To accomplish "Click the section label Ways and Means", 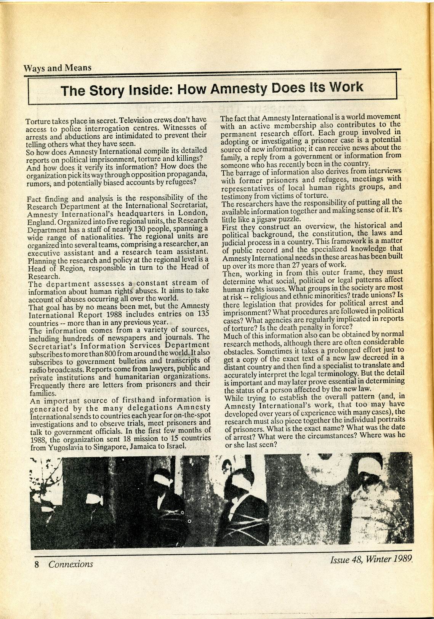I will click(x=57, y=68).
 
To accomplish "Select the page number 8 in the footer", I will click(x=37, y=564).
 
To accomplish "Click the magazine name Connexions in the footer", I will click(x=70, y=564).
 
